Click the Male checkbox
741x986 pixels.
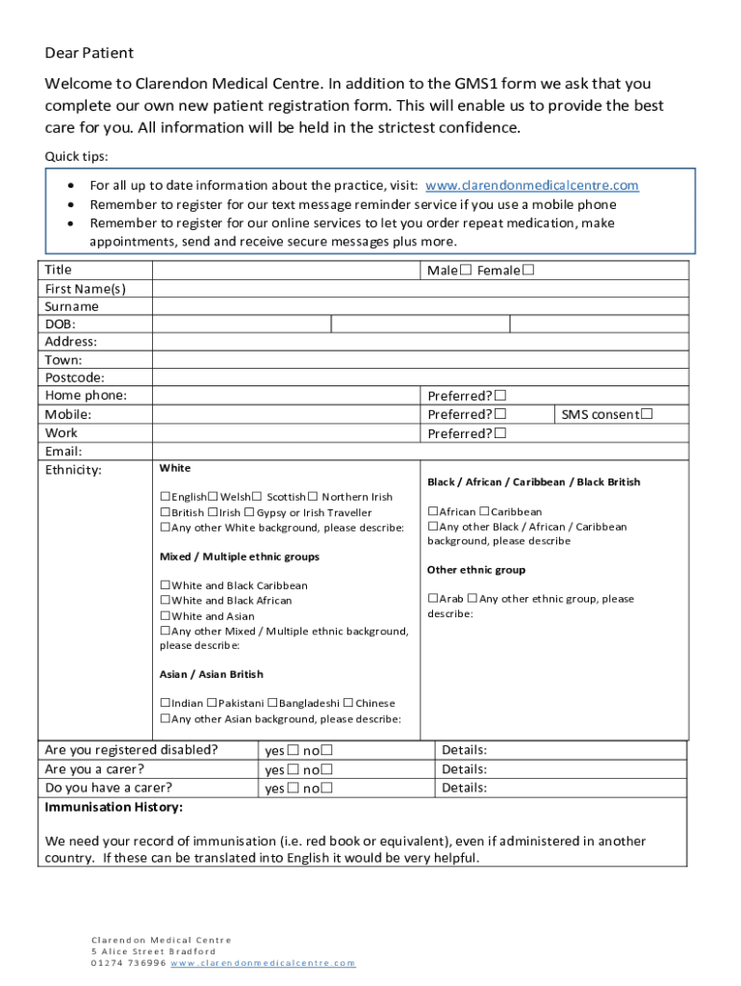[466, 271]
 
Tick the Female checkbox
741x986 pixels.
[527, 271]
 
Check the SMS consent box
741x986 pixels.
[647, 414]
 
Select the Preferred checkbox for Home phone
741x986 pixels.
[500, 396]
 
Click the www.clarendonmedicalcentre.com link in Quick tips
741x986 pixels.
[531, 186]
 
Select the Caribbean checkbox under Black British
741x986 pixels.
[483, 511]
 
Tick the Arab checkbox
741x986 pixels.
[434, 599]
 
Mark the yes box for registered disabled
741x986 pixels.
[292, 750]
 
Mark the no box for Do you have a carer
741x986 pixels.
[327, 788]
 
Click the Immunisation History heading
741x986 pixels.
[114, 807]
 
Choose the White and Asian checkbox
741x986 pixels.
[166, 616]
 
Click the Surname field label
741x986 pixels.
[71, 306]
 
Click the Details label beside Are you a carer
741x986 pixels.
[463, 769]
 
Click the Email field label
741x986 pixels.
[64, 451]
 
